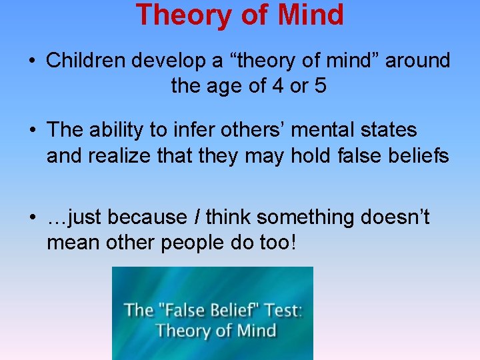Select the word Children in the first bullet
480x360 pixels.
tap(86, 61)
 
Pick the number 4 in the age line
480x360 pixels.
tap(278, 85)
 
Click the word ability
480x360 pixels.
tap(121, 130)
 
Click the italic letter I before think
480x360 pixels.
tap(197, 217)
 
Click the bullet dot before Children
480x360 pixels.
tap(32, 61)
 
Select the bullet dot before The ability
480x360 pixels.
tap(32, 131)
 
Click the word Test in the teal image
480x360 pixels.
tap(280, 310)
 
